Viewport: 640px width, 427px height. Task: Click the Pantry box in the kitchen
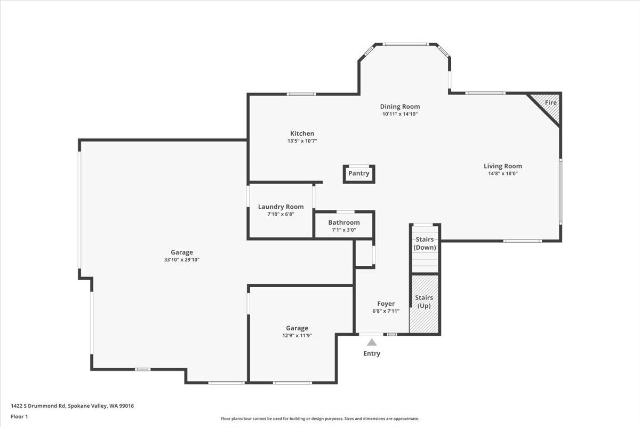pyautogui.click(x=359, y=173)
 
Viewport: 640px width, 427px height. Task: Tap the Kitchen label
pyautogui.click(x=302, y=133)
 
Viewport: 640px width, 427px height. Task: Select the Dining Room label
pyautogui.click(x=399, y=106)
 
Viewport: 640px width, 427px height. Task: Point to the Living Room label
pyautogui.click(x=502, y=166)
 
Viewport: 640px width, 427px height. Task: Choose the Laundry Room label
pyautogui.click(x=281, y=207)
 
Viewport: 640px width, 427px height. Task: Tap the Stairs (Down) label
pyautogui.click(x=425, y=243)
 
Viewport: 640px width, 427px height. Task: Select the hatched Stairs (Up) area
pyautogui.click(x=424, y=304)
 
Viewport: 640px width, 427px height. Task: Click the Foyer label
pyautogui.click(x=386, y=304)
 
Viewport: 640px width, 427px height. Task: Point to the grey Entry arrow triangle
pyautogui.click(x=372, y=343)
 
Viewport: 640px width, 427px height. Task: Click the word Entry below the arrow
pyautogui.click(x=372, y=353)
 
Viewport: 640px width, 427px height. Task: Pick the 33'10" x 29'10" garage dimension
pyautogui.click(x=181, y=260)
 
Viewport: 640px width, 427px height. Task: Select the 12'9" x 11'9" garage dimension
pyautogui.click(x=297, y=336)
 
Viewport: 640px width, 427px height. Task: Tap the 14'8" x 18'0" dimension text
pyautogui.click(x=502, y=173)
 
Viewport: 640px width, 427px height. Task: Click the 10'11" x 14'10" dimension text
pyautogui.click(x=399, y=114)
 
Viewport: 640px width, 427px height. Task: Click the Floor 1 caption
pyautogui.click(x=19, y=416)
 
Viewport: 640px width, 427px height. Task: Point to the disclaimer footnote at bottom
pyautogui.click(x=319, y=419)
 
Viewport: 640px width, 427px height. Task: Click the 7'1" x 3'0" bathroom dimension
pyautogui.click(x=343, y=230)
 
